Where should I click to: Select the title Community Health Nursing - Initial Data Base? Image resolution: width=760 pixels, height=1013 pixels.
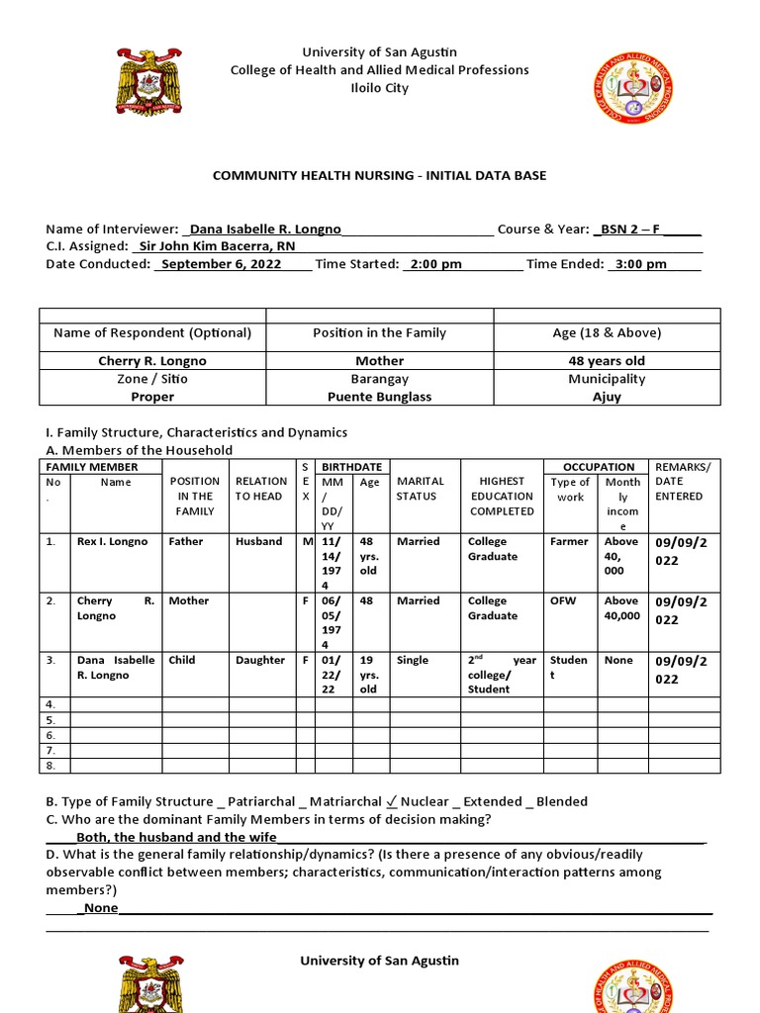[x=380, y=175]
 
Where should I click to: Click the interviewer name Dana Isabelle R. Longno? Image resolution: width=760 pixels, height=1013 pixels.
[x=264, y=229]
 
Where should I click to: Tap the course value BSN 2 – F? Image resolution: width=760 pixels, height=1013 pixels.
[x=629, y=229]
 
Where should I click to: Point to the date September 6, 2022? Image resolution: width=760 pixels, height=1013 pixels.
[x=221, y=264]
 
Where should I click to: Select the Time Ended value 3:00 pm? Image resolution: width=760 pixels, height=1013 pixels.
[x=640, y=264]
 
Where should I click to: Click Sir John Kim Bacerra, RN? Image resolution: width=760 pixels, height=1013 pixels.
[x=217, y=246]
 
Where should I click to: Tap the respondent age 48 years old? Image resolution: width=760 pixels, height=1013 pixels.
[x=607, y=361]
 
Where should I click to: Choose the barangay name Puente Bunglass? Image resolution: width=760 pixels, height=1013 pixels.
[x=380, y=397]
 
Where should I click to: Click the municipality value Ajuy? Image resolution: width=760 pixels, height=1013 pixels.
[x=607, y=397]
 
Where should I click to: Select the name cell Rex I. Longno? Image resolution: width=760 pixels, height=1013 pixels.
[x=112, y=542]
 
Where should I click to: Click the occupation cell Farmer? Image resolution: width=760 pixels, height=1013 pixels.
[x=569, y=542]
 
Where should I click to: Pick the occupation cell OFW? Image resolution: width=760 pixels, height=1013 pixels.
[x=563, y=601]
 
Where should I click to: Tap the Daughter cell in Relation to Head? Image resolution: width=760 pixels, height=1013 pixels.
[x=259, y=661]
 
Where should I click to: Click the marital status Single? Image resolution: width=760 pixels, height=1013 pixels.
[x=413, y=661]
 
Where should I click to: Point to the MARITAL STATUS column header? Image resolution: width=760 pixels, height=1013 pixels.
[x=421, y=489]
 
